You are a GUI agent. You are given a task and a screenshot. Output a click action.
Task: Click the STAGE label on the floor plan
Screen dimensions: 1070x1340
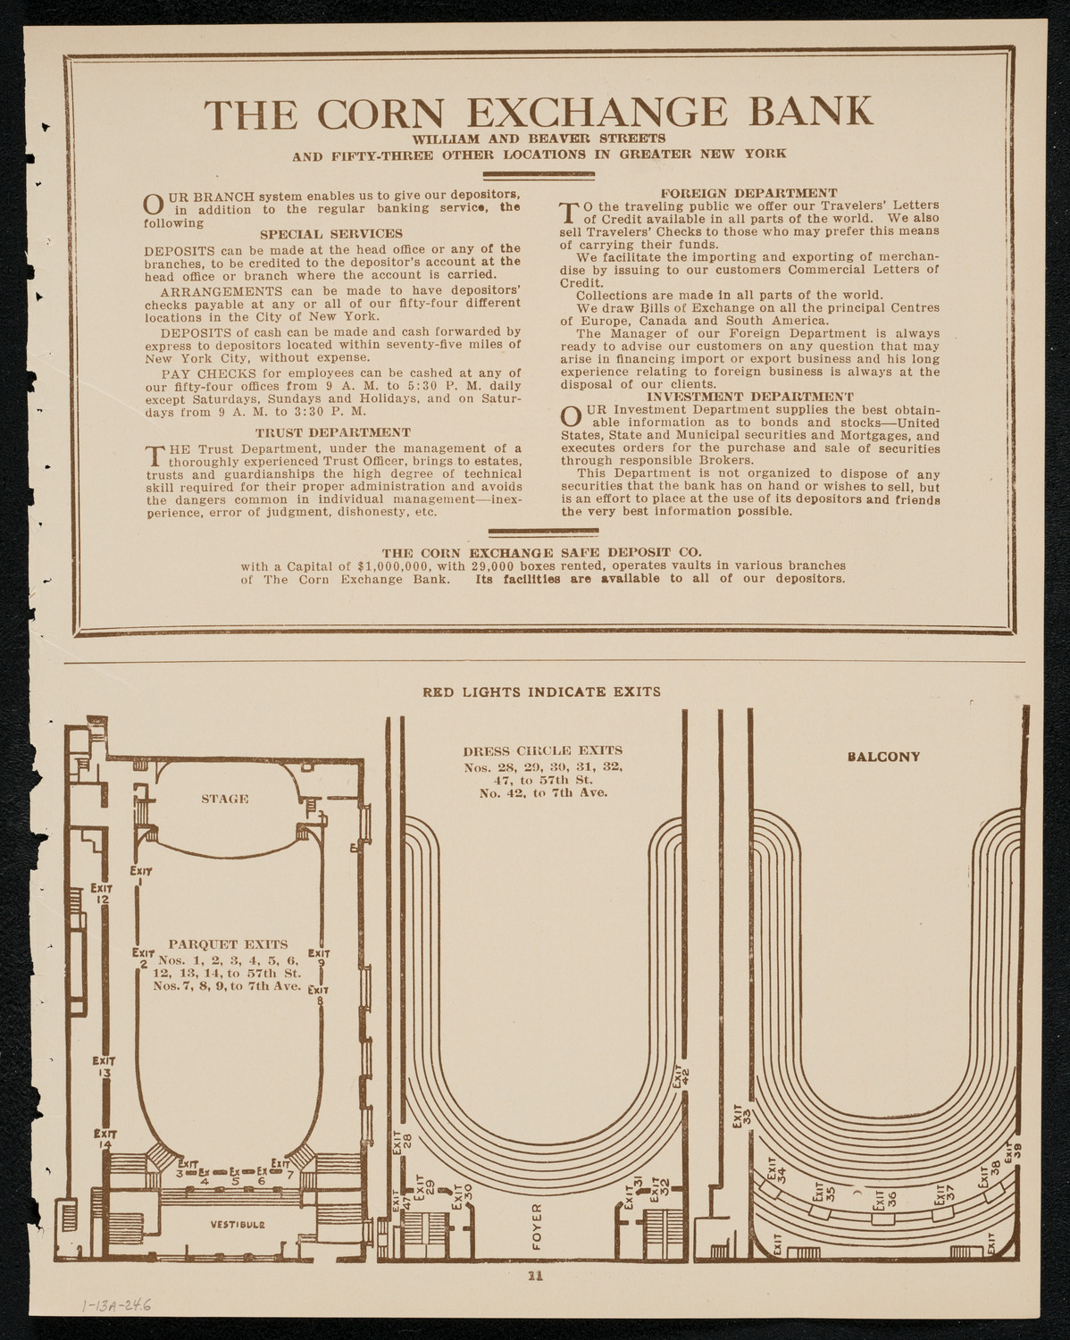(225, 799)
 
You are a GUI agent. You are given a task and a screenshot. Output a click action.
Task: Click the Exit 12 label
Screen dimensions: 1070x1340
(101, 893)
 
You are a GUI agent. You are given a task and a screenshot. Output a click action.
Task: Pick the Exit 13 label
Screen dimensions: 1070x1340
(103, 1068)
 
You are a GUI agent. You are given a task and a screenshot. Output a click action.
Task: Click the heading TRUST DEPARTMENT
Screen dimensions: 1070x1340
(333, 432)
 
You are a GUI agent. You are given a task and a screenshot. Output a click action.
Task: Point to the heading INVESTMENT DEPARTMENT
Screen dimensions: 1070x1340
(750, 397)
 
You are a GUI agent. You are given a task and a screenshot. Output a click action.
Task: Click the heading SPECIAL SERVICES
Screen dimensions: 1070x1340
(331, 234)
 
